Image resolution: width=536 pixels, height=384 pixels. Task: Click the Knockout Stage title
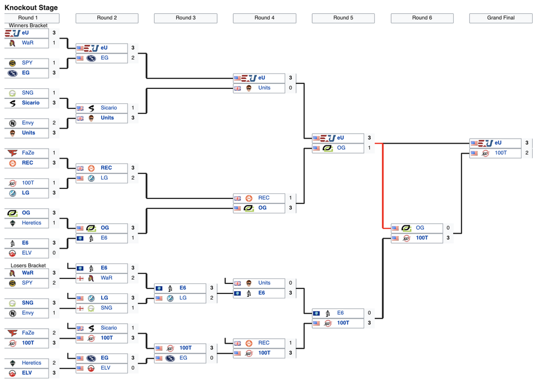[x=31, y=8]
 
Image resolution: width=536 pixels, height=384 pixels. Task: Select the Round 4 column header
[x=264, y=18]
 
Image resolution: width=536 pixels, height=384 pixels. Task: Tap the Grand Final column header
[x=501, y=18]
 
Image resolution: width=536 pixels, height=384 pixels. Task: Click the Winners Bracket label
[x=28, y=25]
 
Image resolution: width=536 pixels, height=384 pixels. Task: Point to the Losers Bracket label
[x=28, y=266]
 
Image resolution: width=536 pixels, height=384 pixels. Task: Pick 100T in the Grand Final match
[x=501, y=153]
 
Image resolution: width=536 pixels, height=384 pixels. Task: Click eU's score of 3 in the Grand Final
[x=527, y=143]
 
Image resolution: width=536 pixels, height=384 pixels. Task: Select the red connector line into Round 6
[x=383, y=185]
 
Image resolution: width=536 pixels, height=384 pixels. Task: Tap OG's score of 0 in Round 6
[x=448, y=228]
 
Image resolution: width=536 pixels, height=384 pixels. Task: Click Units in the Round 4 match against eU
[x=264, y=88]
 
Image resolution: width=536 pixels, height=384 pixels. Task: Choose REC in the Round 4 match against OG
[x=264, y=198]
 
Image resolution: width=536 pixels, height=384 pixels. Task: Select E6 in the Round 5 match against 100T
[x=340, y=313]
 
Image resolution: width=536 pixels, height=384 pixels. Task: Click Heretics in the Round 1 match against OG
[x=31, y=223]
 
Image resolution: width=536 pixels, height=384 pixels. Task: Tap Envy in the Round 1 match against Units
[x=28, y=123]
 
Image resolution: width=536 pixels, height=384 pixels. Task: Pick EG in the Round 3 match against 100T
[x=183, y=358]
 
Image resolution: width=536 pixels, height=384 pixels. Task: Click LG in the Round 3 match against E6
[x=183, y=298]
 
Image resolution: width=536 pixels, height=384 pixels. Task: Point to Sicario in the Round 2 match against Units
[x=109, y=108]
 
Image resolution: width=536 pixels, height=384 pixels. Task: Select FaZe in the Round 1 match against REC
[x=28, y=153]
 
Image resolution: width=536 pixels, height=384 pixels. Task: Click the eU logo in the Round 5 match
[x=328, y=138]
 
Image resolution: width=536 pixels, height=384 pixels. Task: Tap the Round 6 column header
[x=422, y=18]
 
